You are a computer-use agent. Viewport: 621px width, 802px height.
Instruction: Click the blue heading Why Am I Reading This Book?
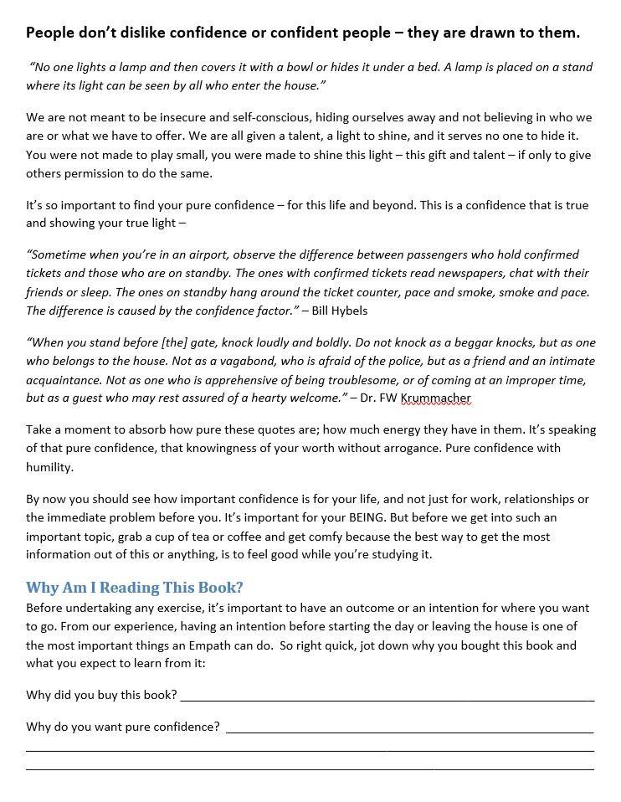point(135,587)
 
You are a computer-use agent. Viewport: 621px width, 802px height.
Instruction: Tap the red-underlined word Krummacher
point(438,398)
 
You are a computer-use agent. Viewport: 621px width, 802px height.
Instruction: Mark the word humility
point(49,467)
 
